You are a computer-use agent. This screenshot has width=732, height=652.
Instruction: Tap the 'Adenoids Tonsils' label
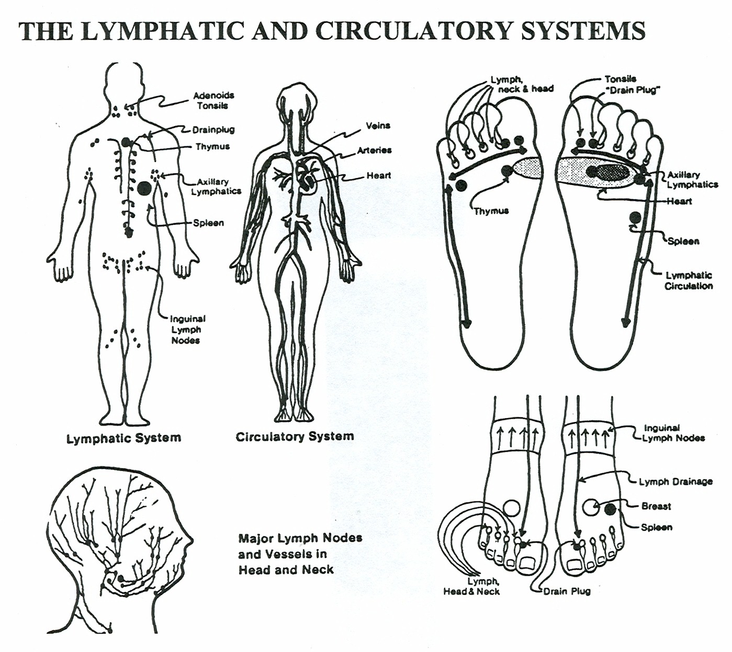tap(213, 100)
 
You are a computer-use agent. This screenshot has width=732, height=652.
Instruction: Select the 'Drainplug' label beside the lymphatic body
tap(213, 130)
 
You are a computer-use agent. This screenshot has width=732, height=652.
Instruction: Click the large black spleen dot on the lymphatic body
tap(144, 188)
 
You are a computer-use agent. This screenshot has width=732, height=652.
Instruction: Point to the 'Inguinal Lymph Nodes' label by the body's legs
tap(187, 329)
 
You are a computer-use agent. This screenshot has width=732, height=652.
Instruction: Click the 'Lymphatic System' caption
tap(123, 438)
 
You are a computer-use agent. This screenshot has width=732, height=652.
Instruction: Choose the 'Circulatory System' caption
tap(295, 437)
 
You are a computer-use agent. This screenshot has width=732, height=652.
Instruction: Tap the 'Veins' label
tap(378, 126)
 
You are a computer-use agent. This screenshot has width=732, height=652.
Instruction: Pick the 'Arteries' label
tap(374, 151)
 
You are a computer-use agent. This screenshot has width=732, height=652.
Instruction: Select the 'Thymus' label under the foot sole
tap(491, 211)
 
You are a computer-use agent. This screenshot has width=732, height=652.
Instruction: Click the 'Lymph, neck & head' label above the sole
tap(521, 84)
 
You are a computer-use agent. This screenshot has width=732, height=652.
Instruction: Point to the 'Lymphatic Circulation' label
tap(689, 281)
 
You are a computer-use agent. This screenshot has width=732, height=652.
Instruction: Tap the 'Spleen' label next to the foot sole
tap(683, 242)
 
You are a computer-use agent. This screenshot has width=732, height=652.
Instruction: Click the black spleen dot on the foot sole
tap(635, 217)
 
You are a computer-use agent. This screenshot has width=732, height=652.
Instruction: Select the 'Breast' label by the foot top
tap(656, 506)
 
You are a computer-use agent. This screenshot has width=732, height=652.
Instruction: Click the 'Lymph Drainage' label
tap(675, 482)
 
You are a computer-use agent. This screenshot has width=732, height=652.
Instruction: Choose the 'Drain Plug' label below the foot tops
tap(567, 591)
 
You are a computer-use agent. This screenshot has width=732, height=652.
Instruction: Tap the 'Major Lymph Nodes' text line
tap(300, 538)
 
